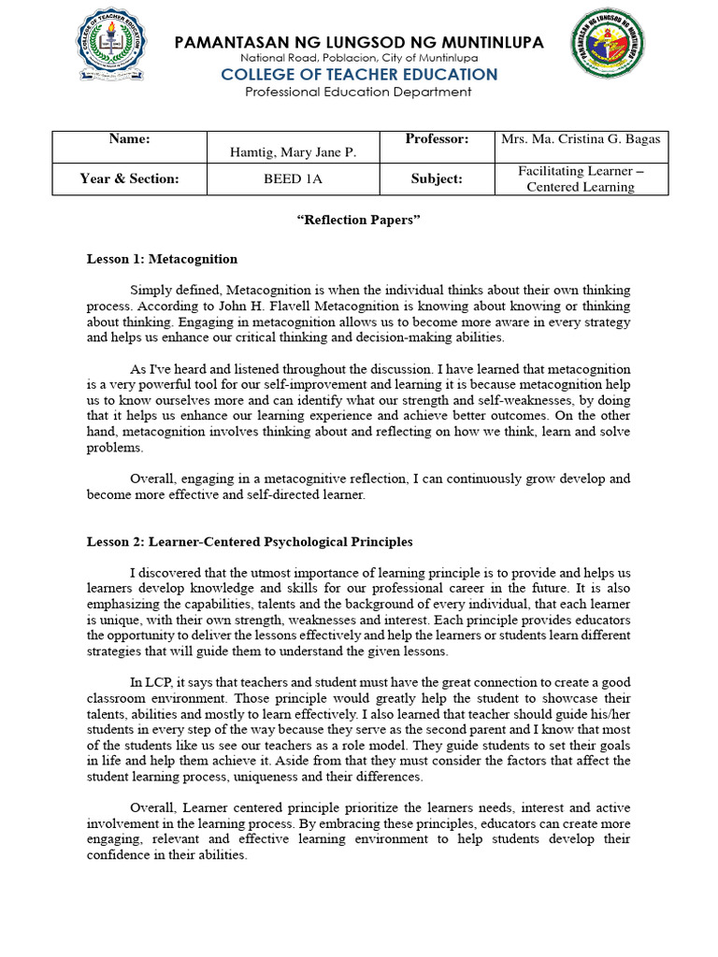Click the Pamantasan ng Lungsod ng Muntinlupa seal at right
tap(610, 47)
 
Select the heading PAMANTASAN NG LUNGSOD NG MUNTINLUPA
tap(358, 42)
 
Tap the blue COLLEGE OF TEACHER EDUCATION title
tap(358, 75)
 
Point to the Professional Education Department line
tap(358, 92)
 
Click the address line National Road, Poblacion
tap(358, 59)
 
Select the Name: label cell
tap(129, 146)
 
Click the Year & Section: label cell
tap(129, 179)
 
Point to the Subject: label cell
tap(437, 179)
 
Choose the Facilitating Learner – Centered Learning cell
tap(581, 179)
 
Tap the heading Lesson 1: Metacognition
tap(162, 259)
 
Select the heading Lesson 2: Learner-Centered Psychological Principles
tap(250, 541)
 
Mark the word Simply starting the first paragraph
tap(151, 291)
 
